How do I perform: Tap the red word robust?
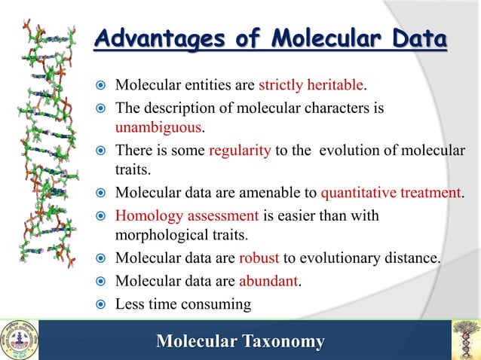tap(259, 258)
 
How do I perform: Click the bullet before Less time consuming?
tap(102, 305)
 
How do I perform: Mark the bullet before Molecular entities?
tap(102, 83)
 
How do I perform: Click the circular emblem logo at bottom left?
tap(19, 339)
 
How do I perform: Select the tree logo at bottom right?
tap(464, 339)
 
